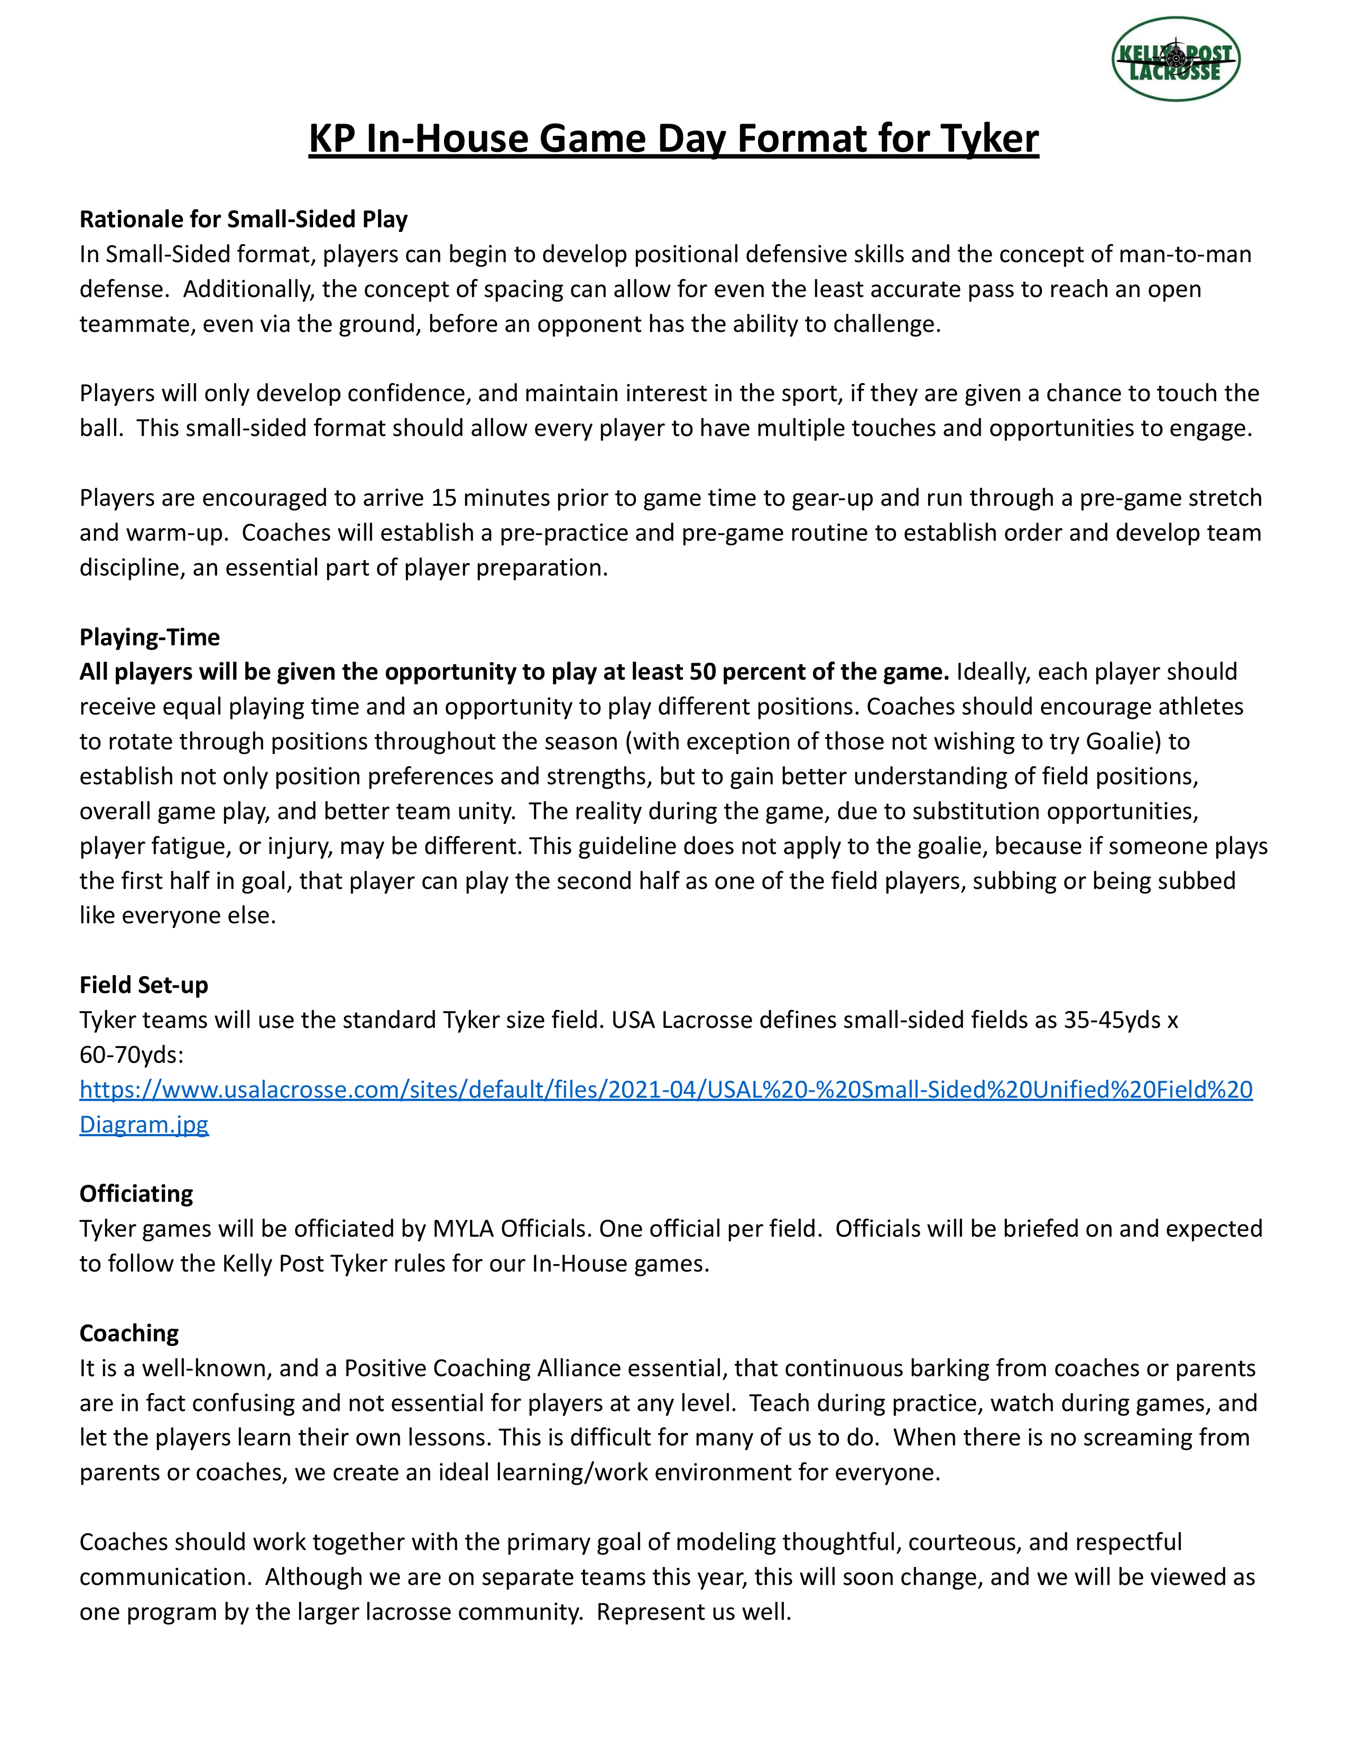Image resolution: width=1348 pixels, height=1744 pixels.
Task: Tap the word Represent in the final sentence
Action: (x=652, y=1611)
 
